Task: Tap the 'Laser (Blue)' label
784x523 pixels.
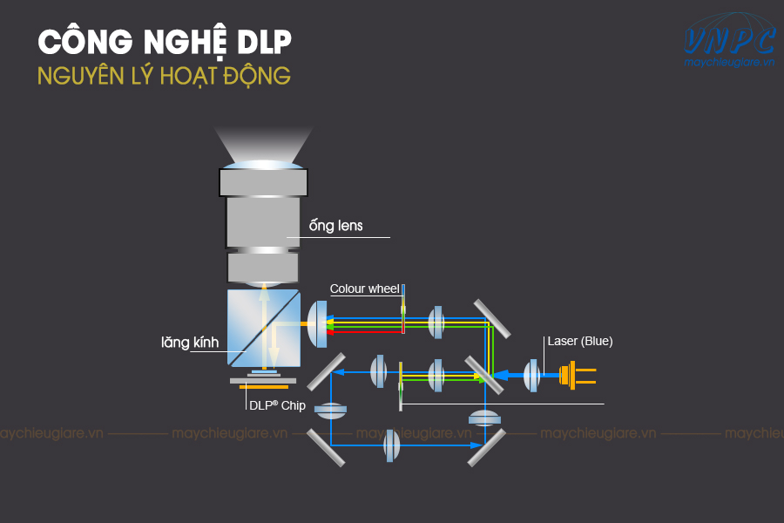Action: [580, 342]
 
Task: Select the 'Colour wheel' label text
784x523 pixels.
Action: [364, 289]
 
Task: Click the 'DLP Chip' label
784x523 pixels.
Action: [278, 405]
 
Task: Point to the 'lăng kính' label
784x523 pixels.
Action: [190, 343]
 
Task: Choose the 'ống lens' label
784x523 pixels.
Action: [336, 226]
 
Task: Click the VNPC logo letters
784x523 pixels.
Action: [729, 41]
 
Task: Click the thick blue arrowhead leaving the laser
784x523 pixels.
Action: [501, 375]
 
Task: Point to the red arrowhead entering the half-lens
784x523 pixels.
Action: [330, 332]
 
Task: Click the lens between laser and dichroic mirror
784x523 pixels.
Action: [531, 376]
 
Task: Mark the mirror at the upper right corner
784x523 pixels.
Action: [492, 319]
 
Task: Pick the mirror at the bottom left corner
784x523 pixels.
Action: [326, 447]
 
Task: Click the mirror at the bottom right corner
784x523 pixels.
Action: [486, 447]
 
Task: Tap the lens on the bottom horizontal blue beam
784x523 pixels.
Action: [391, 445]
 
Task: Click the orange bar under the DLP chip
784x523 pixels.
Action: [264, 387]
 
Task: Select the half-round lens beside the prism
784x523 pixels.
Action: [317, 323]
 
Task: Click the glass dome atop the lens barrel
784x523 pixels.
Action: [263, 165]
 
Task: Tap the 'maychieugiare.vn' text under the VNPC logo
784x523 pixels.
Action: [729, 63]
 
